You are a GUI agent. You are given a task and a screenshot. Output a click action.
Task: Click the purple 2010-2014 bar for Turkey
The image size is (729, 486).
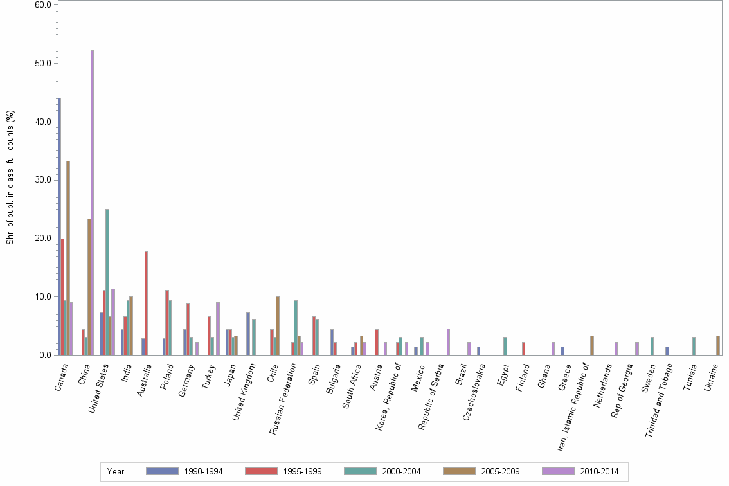(218, 328)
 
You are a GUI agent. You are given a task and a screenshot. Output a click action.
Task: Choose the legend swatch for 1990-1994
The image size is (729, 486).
(162, 471)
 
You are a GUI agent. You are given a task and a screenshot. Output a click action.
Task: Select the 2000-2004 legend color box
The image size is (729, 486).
(360, 471)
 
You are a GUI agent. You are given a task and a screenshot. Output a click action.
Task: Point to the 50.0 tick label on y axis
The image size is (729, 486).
(43, 63)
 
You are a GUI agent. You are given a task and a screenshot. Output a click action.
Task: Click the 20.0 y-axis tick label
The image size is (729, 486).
(43, 238)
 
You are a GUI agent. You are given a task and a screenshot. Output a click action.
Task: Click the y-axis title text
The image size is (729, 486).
(10, 177)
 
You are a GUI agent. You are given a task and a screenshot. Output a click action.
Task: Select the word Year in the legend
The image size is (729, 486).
(116, 472)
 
